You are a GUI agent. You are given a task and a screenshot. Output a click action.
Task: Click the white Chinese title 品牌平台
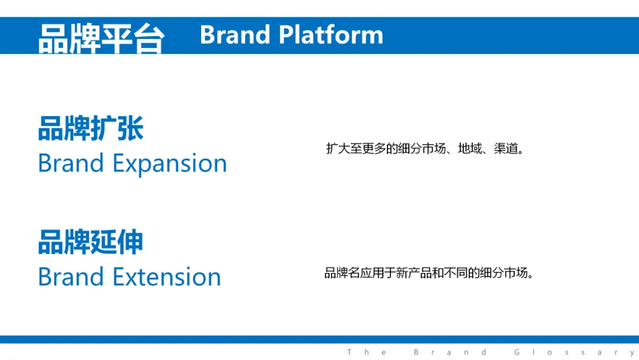tap(102, 38)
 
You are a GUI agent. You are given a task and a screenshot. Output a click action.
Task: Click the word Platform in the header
tap(331, 34)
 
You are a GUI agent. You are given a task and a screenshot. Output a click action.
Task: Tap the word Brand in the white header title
tap(235, 34)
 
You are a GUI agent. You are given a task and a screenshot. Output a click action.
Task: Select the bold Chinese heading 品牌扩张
tap(91, 128)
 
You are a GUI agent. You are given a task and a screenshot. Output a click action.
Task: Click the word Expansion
tap(170, 164)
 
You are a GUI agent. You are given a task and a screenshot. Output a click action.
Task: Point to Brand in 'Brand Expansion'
tap(71, 163)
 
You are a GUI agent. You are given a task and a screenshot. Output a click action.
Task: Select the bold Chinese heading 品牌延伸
tap(91, 242)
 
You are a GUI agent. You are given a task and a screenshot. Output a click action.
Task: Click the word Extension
tap(167, 277)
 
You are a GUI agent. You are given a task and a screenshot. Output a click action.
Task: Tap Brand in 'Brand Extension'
tap(71, 277)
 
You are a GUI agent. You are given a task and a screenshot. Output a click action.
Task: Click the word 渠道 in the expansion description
tap(506, 149)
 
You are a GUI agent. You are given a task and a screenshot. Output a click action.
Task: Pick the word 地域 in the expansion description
tap(470, 149)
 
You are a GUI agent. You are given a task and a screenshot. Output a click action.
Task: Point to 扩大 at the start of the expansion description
tap(338, 149)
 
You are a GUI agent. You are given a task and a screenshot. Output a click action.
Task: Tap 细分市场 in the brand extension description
tap(504, 273)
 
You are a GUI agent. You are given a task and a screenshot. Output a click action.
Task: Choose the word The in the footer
tap(366, 352)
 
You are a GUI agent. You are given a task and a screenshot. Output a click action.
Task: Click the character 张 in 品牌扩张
tap(130, 128)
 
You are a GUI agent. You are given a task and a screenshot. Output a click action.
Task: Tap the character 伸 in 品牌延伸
tap(130, 242)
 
